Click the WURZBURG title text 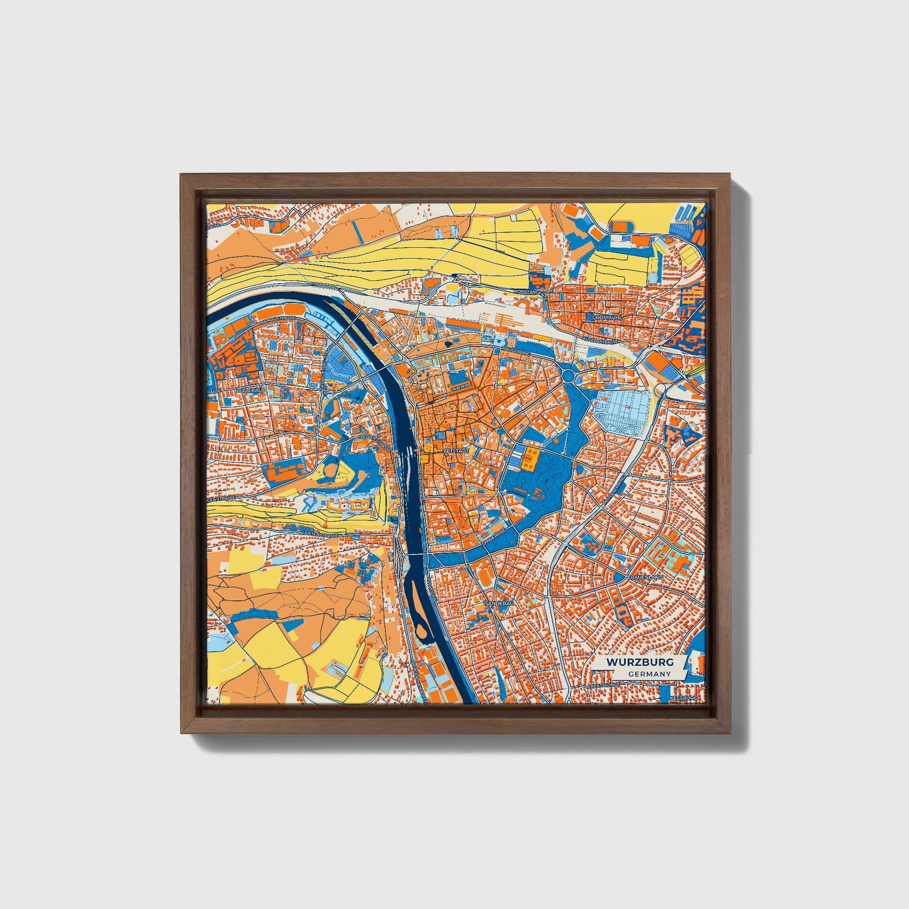click(640, 662)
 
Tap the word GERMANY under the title click(649, 674)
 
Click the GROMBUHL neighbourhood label click(606, 318)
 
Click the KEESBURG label click(684, 698)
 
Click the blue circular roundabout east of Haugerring click(569, 376)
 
